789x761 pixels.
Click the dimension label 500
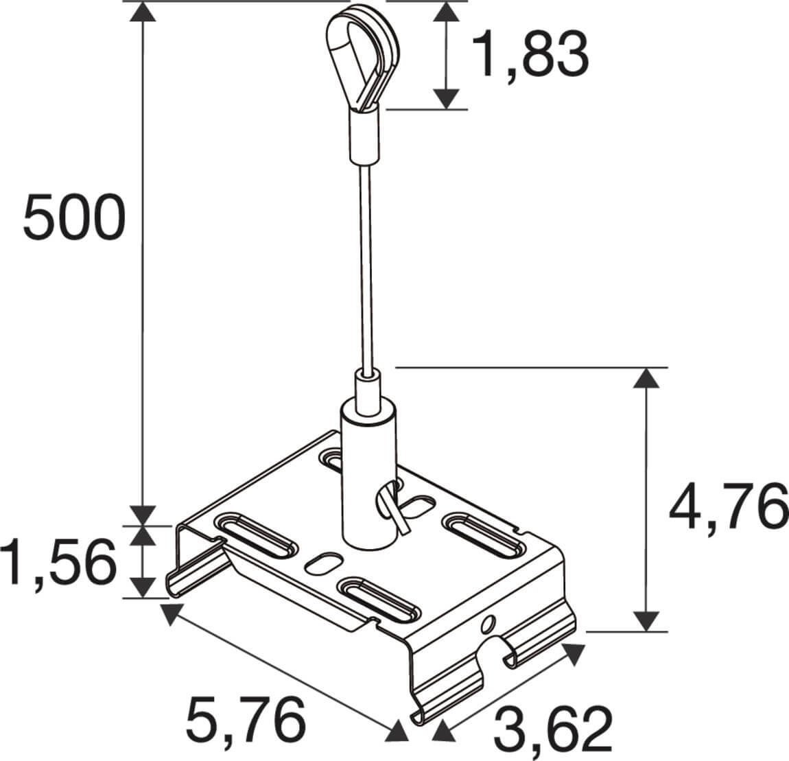pyautogui.click(x=74, y=218)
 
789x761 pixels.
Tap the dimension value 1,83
pyautogui.click(x=530, y=54)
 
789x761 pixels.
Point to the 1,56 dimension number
pyautogui.click(x=58, y=562)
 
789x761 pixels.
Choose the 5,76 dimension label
pyautogui.click(x=246, y=721)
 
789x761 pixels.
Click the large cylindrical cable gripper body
pyautogui.click(x=368, y=473)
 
